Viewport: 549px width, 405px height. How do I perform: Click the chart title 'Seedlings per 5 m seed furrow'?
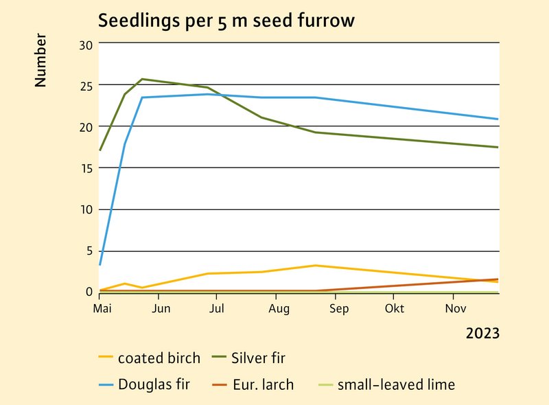coord(226,21)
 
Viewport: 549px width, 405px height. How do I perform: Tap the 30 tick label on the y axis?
coord(86,45)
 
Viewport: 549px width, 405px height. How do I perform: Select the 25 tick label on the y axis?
coord(86,86)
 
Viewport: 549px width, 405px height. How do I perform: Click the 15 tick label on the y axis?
coord(86,168)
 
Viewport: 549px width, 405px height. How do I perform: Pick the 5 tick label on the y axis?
coord(89,251)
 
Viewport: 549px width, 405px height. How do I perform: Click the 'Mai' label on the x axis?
coord(102,309)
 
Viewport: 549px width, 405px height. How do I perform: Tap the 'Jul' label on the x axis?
coord(217,309)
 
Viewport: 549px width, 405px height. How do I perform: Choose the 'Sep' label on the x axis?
coord(338,309)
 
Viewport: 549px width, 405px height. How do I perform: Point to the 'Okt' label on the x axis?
coord(395,309)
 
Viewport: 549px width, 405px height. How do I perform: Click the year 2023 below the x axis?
coord(482,334)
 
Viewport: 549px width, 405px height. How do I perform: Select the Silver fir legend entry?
coord(258,358)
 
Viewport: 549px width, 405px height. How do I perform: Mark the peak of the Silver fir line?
coord(142,79)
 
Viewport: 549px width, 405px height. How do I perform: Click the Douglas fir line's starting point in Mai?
coord(100,265)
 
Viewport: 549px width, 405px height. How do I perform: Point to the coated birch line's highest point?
coord(315,265)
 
